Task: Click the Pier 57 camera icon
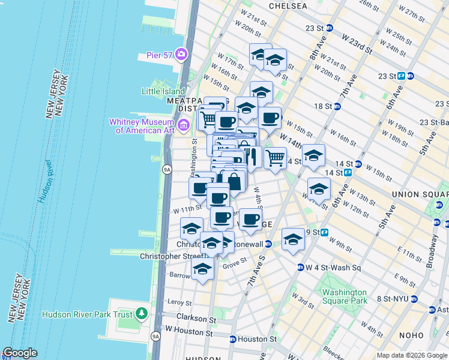coord(181,55)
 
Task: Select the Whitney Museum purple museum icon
coord(184,125)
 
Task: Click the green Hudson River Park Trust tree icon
coord(142,313)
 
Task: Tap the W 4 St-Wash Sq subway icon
coord(300,268)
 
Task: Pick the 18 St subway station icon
coord(337,107)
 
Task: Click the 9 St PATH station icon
coord(324,232)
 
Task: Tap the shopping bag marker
coord(234,181)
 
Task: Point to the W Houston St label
coord(189,331)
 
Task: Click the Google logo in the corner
coord(20,353)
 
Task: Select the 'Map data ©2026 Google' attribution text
coord(412,355)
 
